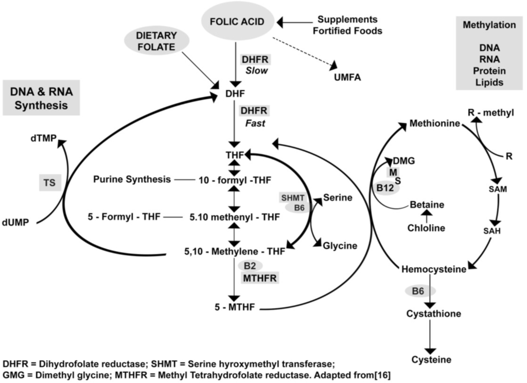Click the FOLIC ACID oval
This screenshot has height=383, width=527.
click(237, 22)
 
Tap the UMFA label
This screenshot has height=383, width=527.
click(347, 78)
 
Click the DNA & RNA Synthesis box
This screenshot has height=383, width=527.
click(41, 98)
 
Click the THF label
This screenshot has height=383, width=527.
click(234, 154)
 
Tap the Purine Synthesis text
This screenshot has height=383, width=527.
click(132, 179)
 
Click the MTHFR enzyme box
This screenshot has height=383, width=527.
click(260, 278)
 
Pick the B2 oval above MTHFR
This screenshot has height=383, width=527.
click(250, 265)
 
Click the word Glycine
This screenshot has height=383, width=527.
click(340, 246)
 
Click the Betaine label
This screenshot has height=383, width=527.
click(427, 205)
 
